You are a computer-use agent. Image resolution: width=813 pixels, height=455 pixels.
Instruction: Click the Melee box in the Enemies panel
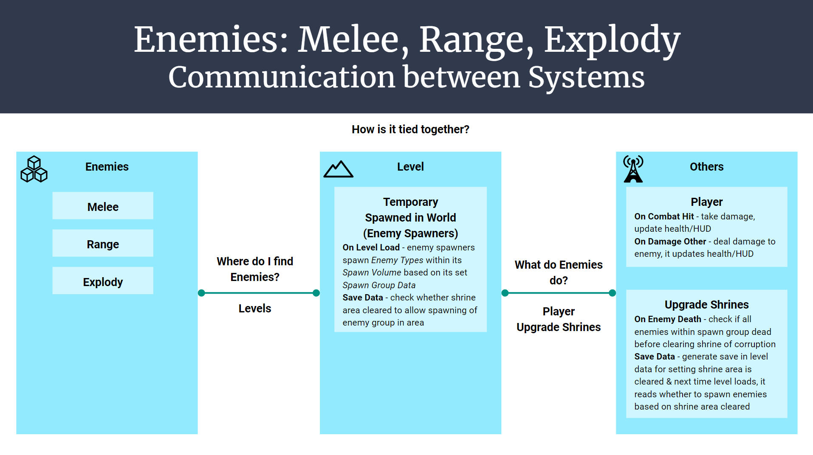[x=103, y=206]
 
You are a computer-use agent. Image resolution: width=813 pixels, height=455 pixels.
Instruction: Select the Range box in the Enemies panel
[x=103, y=244]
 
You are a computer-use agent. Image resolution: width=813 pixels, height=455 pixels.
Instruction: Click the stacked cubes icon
[x=34, y=169]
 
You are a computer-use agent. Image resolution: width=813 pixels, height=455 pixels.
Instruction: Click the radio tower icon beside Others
[x=633, y=169]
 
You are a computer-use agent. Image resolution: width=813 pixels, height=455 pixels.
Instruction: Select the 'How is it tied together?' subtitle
[x=410, y=129]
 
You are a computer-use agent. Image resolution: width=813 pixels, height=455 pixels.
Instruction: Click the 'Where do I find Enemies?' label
[x=255, y=269]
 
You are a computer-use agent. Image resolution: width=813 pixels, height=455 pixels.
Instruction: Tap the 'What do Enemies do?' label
[x=559, y=272]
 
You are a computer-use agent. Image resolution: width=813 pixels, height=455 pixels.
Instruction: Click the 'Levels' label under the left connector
[x=255, y=309]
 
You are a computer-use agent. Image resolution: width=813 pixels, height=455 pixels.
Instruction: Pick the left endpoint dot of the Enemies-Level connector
[x=202, y=293]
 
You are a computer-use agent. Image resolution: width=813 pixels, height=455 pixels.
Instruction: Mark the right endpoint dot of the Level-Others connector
[x=612, y=293]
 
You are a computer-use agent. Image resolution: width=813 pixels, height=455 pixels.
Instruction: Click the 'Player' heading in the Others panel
[x=706, y=202]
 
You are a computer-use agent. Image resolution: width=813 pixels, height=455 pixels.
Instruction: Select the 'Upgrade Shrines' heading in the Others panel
[x=706, y=305]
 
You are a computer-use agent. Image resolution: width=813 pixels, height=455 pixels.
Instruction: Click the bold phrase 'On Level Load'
[x=371, y=247]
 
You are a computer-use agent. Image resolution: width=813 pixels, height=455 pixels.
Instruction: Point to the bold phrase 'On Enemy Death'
[x=667, y=319]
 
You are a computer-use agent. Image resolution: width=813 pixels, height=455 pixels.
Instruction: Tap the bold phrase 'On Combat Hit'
[x=663, y=216]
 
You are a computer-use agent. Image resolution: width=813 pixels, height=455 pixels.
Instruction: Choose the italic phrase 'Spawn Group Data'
[x=379, y=285]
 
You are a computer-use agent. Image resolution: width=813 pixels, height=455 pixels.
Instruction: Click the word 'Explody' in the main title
[x=612, y=40]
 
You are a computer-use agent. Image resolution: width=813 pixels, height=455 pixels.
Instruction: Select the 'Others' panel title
[x=706, y=167]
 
